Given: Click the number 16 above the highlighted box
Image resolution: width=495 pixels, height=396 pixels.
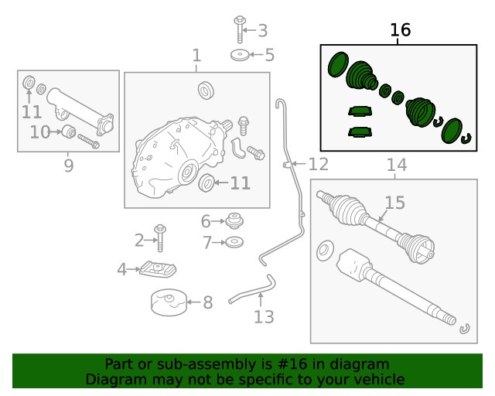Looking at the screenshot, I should click(x=400, y=30).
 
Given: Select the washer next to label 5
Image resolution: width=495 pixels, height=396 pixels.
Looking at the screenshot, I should click(x=240, y=55).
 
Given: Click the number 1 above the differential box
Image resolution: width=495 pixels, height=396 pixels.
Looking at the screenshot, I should click(x=196, y=56).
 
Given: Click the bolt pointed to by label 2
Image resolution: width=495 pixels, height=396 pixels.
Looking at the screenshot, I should click(x=161, y=238).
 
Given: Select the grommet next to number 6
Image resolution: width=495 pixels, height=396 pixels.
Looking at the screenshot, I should click(x=235, y=222).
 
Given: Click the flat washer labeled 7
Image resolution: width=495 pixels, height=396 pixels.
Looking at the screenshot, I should click(x=235, y=243).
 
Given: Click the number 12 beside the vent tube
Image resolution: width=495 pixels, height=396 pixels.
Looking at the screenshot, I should click(x=318, y=165).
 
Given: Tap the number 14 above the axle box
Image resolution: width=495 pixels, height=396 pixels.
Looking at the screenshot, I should click(x=396, y=165).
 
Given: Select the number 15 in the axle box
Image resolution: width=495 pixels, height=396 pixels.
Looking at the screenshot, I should click(x=394, y=203).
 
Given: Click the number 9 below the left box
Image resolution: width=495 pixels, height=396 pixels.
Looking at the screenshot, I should click(x=68, y=166).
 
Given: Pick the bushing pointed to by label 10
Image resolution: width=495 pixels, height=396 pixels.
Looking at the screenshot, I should click(x=67, y=131).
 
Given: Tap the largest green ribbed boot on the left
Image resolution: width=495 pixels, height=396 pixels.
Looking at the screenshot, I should click(x=360, y=77).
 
